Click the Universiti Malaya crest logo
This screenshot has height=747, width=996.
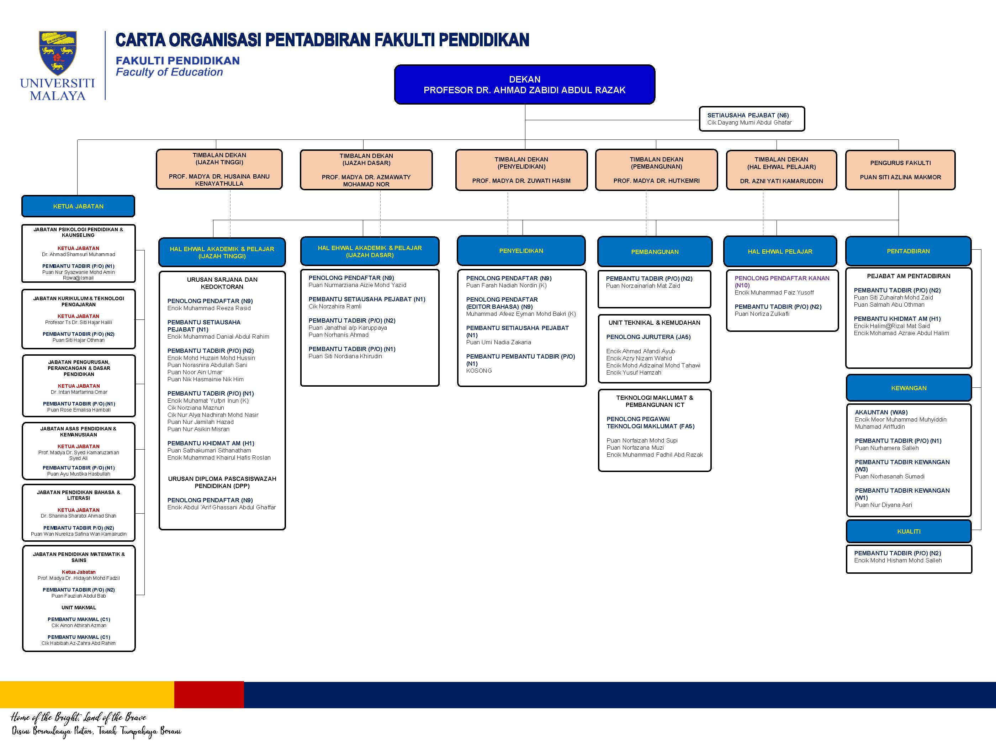pos(58,53)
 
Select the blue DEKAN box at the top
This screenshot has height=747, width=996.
pos(525,85)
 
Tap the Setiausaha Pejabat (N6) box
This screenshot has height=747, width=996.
pos(752,119)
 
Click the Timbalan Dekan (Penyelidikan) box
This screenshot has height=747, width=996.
pos(521,170)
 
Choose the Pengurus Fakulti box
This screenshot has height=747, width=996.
pos(900,170)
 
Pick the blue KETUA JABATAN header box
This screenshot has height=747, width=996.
pos(78,206)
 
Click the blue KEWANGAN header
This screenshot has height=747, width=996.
pos(908,388)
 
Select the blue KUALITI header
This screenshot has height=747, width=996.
pos(908,531)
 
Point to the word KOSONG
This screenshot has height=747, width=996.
pos(479,371)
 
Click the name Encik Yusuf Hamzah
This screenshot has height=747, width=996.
pos(634,372)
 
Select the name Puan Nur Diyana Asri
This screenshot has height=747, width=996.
pos(884,505)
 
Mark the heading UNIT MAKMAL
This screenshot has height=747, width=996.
pos(79,608)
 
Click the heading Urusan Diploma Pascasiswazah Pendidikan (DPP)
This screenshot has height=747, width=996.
pos(222,482)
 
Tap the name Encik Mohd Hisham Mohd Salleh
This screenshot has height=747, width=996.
pos(898,560)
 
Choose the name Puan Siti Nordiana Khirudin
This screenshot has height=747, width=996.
pos(345,356)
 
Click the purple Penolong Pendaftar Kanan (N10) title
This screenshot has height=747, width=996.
pos(782,281)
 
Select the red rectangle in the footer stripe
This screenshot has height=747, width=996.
pos(209,695)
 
